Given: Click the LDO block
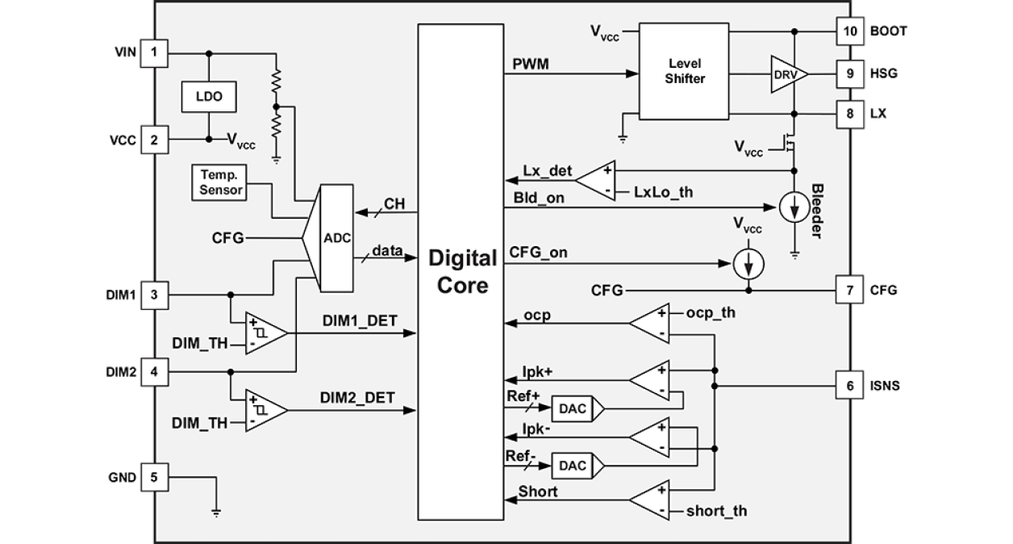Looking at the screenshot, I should pos(208,98).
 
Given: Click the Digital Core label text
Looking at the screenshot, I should pos(462,272).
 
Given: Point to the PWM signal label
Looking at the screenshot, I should pos(530,64).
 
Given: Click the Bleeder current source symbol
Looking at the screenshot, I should pos(794,208).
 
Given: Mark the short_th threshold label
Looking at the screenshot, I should pos(716,511).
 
